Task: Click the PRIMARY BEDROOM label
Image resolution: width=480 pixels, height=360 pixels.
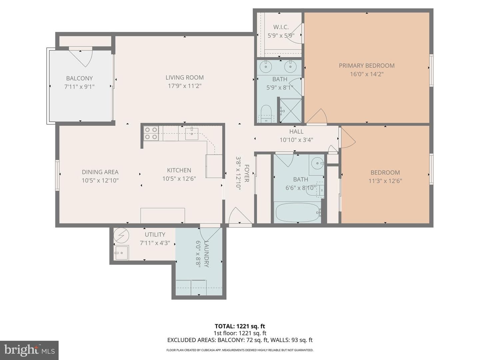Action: point(367,66)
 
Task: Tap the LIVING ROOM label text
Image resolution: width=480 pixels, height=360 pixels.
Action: point(185,77)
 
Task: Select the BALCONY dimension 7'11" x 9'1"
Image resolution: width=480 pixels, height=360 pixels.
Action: point(79,87)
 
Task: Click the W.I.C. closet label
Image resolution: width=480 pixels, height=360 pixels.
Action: point(281,27)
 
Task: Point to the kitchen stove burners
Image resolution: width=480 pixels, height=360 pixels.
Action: point(151,133)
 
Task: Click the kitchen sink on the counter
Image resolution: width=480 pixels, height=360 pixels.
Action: point(192,133)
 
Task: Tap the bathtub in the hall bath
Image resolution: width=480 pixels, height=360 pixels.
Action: point(297,212)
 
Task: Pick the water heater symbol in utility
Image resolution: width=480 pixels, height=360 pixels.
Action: point(121,236)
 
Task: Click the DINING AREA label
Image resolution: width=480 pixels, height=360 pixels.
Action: point(100,172)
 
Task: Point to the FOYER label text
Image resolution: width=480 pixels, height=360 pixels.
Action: point(246,173)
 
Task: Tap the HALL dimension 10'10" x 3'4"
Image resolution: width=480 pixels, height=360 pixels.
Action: point(296,140)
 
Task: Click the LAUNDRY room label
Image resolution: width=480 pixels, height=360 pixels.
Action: point(206,254)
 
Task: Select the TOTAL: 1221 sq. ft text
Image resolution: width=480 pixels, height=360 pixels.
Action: point(240,326)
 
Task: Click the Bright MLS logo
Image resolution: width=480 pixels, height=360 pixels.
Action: point(29,350)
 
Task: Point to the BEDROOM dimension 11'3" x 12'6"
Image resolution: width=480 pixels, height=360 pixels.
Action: point(385,181)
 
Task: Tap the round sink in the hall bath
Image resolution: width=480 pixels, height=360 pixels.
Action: point(317,163)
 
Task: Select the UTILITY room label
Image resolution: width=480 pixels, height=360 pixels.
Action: point(155,235)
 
